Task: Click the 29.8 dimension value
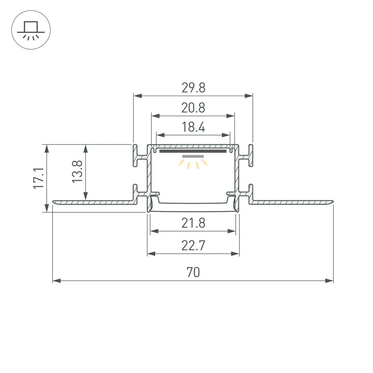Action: pos(194,88)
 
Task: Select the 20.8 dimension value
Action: pos(194,108)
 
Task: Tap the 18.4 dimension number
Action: pos(194,128)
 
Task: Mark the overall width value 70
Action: pos(194,273)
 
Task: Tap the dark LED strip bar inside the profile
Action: pos(193,151)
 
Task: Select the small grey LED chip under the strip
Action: pos(193,156)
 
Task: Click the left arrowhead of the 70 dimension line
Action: pos(56,280)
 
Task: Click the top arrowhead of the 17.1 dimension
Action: pos(47,148)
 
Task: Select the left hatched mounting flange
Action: pos(93,203)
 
